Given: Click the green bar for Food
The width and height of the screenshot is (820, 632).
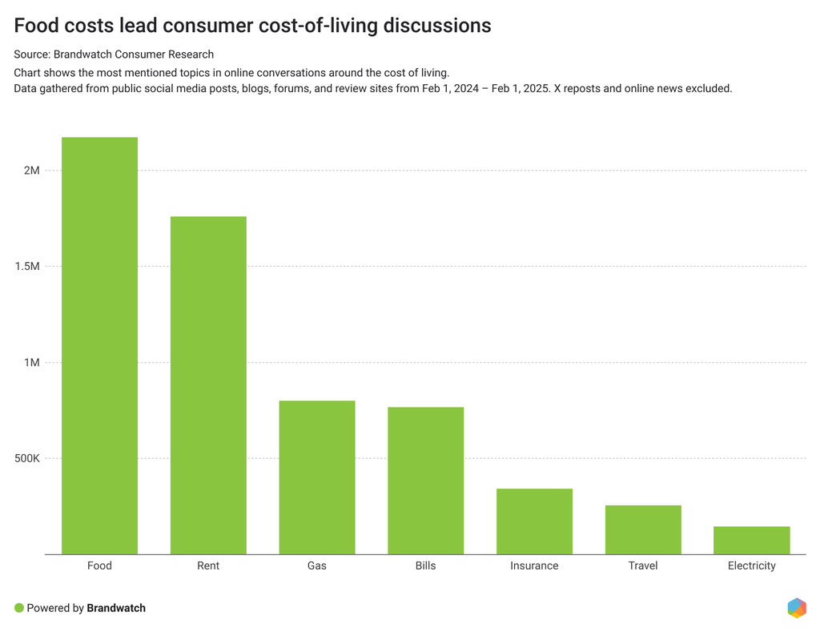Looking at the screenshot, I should pyautogui.click(x=99, y=345).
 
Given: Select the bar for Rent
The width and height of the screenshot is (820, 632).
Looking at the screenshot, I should pyautogui.click(x=208, y=385).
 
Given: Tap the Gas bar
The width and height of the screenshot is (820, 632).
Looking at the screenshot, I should pyautogui.click(x=317, y=477).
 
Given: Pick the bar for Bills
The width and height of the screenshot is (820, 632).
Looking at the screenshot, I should pyautogui.click(x=425, y=481).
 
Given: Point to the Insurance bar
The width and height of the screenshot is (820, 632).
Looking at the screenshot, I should pyautogui.click(x=534, y=521).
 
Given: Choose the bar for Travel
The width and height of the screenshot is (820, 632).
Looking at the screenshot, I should pyautogui.click(x=643, y=529).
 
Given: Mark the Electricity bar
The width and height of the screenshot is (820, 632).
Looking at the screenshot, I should pyautogui.click(x=751, y=540).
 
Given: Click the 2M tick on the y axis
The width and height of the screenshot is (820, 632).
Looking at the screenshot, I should pyautogui.click(x=32, y=171).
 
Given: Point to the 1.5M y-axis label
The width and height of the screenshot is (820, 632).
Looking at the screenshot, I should pyautogui.click(x=26, y=267).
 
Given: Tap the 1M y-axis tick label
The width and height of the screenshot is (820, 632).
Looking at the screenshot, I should pyautogui.click(x=32, y=363).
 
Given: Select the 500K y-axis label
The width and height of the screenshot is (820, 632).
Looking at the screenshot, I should pyautogui.click(x=26, y=459).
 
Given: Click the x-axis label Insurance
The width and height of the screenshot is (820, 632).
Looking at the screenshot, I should pyautogui.click(x=534, y=566).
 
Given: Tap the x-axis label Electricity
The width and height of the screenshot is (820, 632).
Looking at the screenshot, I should pyautogui.click(x=751, y=566).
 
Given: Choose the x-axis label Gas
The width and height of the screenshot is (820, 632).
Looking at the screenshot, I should pyautogui.click(x=317, y=566).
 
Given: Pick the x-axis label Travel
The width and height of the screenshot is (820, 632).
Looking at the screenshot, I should pyautogui.click(x=643, y=566).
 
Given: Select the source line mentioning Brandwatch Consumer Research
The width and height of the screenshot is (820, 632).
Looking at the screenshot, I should pyautogui.click(x=114, y=54).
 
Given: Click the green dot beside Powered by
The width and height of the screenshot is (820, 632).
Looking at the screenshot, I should pyautogui.click(x=19, y=608).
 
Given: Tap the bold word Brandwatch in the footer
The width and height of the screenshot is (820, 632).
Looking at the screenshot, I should pyautogui.click(x=116, y=608).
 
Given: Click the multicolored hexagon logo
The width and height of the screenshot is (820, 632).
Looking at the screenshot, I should pyautogui.click(x=796, y=607).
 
